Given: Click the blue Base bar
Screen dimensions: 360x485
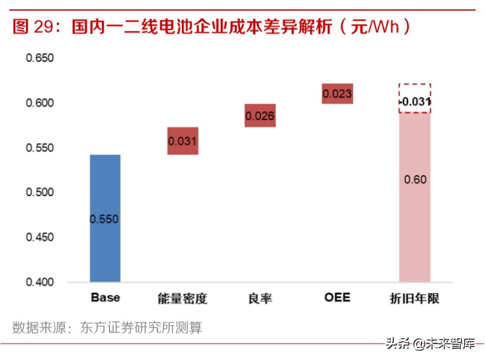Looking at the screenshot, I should [x=105, y=218].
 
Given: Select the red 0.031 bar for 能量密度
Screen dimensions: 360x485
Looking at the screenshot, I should [x=182, y=141].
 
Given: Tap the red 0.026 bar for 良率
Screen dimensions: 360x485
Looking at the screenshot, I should [x=260, y=116].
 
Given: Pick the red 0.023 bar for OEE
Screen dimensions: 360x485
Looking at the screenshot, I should [x=337, y=94].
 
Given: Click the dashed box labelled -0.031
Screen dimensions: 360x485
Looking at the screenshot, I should [x=414, y=99].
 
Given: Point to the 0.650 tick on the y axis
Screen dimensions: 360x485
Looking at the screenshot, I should [x=40, y=58].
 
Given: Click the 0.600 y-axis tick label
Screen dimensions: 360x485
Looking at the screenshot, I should [x=40, y=103].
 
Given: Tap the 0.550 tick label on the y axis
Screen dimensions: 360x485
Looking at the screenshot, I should [x=40, y=148].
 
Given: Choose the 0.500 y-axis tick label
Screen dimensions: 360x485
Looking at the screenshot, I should [x=40, y=193].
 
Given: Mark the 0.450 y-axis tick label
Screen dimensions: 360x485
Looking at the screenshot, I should [x=40, y=238].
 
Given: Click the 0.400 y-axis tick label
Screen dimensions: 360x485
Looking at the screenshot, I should [x=40, y=283].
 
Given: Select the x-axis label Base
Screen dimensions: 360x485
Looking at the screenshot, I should [x=105, y=298].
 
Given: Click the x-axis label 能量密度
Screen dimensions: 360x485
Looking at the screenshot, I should [x=182, y=299].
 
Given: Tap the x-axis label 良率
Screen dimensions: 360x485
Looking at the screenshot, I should [x=260, y=299].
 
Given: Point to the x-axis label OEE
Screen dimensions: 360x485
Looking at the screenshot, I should [x=337, y=298].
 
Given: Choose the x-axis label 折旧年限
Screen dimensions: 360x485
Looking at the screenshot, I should [x=414, y=299].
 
